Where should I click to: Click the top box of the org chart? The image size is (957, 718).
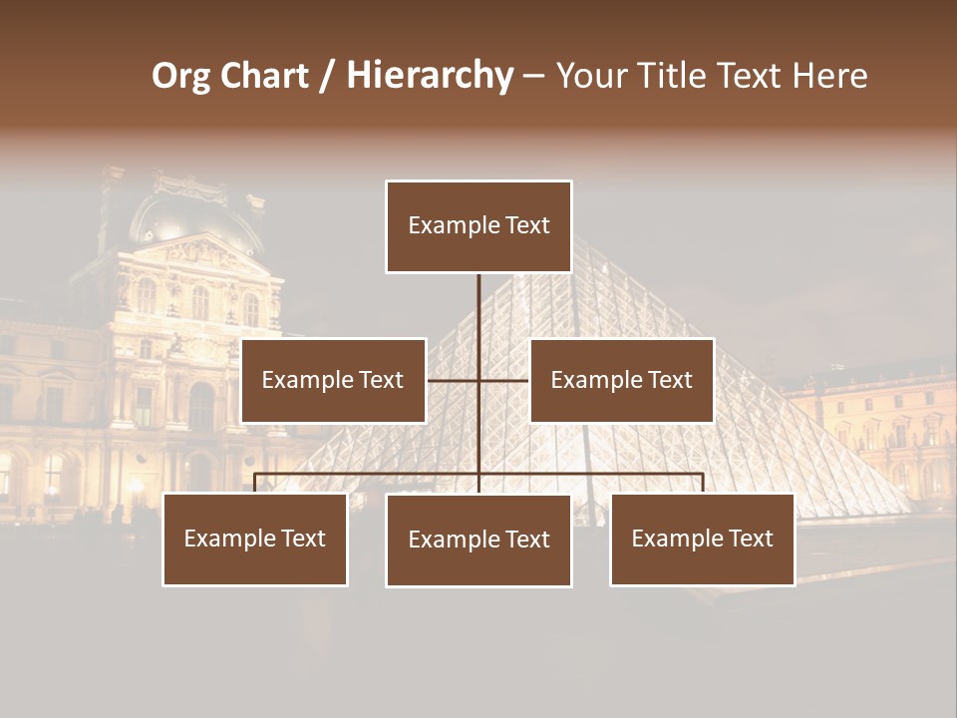pyautogui.click(x=478, y=226)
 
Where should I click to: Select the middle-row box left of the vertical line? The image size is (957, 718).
pyautogui.click(x=333, y=380)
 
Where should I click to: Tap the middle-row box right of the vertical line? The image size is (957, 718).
pyautogui.click(x=621, y=380)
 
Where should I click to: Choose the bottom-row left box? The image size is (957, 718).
pyautogui.click(x=255, y=538)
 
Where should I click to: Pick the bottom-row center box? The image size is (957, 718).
pyautogui.click(x=478, y=540)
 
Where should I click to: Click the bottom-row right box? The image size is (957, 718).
pyautogui.click(x=702, y=538)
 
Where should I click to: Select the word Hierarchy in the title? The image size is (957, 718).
pyautogui.click(x=430, y=76)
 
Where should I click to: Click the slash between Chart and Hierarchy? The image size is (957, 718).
pyautogui.click(x=327, y=76)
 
